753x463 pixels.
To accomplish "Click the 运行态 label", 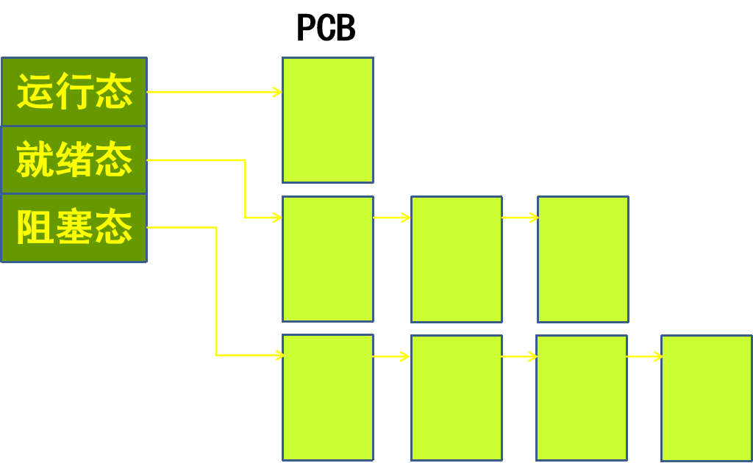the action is pos(74,92).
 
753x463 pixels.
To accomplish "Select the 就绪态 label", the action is pos(74,160).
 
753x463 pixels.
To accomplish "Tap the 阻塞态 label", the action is pos(74,228).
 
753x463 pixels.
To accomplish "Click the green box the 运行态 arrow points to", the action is pos(328,120).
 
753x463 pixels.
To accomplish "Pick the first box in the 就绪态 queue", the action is pos(328,259).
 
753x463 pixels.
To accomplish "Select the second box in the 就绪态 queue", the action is pos(457,259).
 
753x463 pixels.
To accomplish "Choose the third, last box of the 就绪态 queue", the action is pos(583,259).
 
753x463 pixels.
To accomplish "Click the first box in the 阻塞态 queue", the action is pos(328,398).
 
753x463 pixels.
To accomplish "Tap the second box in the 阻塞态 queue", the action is pos(457,398).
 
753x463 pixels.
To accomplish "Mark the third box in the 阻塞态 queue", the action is pos(582,398).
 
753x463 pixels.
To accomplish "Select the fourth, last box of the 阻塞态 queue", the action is pos(707,398).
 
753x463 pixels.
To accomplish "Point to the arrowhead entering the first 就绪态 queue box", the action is pos(277,218).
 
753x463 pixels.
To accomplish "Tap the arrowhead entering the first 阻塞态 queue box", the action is pos(279,356).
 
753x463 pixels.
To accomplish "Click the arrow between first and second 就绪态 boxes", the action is pos(392,218).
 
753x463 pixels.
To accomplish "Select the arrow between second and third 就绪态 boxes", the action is pos(520,218).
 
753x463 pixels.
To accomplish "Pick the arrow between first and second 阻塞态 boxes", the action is pos(392,356).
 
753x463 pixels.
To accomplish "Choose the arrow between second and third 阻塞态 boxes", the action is pos(519,356).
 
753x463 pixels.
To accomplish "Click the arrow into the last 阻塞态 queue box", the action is pos(644,356).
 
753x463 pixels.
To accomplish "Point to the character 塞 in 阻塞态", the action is pos(74,228).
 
